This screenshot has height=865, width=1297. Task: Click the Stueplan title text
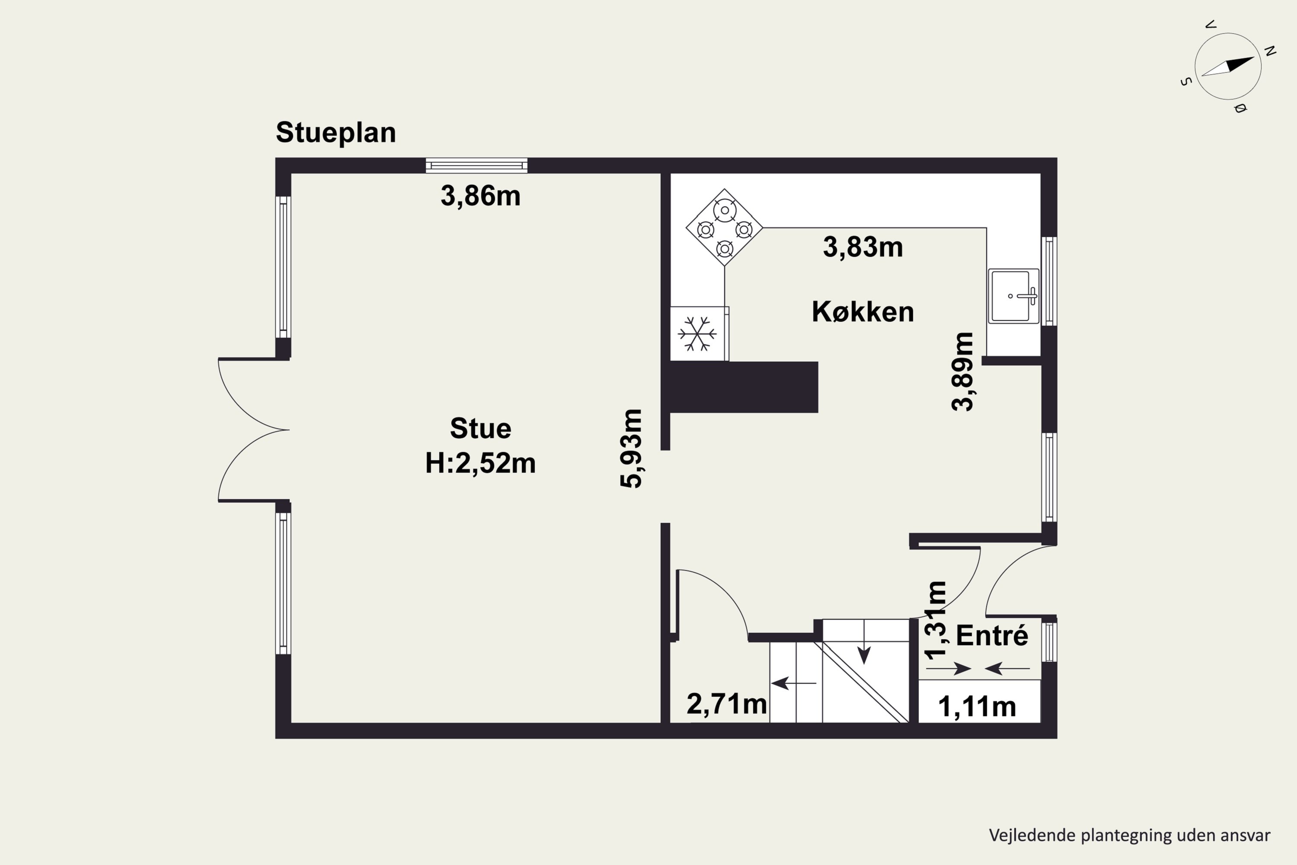335,132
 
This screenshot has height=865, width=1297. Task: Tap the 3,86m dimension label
480,196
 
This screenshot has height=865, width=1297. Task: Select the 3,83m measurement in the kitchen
863,247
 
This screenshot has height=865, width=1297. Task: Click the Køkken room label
863,312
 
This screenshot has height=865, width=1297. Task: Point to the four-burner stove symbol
724,227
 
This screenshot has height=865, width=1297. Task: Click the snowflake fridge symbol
697,334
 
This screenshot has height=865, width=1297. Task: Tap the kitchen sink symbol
1013,296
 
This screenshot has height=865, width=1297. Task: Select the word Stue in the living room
480,429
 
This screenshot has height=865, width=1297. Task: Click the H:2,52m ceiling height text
480,463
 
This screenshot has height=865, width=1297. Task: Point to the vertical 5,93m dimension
631,448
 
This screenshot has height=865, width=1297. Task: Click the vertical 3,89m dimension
963,371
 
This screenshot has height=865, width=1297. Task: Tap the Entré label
991,635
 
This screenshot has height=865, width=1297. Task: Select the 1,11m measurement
977,707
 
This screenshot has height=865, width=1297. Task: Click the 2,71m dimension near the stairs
726,704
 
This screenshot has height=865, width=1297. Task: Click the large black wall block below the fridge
743,387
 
